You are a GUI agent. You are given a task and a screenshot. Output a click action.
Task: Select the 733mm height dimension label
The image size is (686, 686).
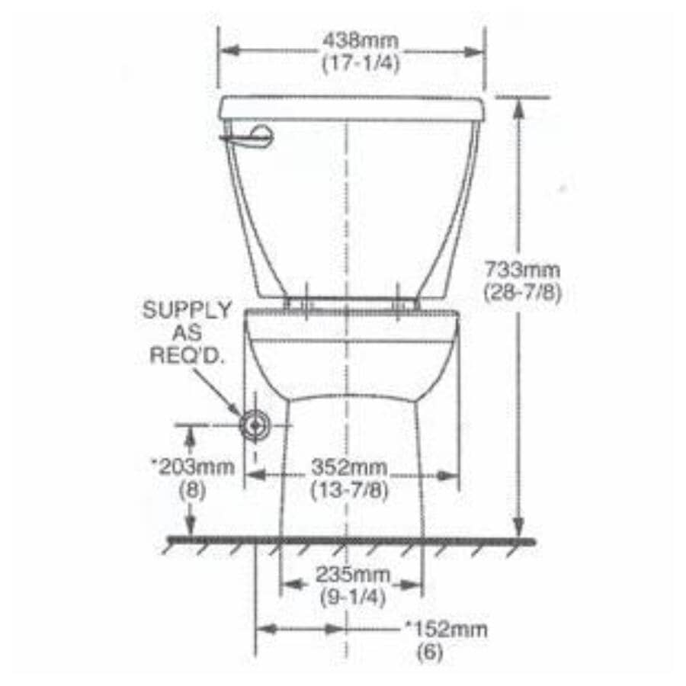523,270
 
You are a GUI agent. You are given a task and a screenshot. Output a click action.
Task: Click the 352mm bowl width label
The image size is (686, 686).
350,467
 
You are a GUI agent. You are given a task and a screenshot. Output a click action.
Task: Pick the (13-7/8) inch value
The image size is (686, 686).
350,490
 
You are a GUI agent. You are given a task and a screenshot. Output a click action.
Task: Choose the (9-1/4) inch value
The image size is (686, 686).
351,596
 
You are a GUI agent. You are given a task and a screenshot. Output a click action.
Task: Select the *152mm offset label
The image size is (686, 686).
446,630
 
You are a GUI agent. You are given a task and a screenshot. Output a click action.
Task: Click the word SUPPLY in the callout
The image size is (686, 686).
187,310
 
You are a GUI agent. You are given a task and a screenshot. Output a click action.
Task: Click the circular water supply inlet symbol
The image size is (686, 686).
255,425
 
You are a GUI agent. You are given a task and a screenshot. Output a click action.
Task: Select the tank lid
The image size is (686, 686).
351,107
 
